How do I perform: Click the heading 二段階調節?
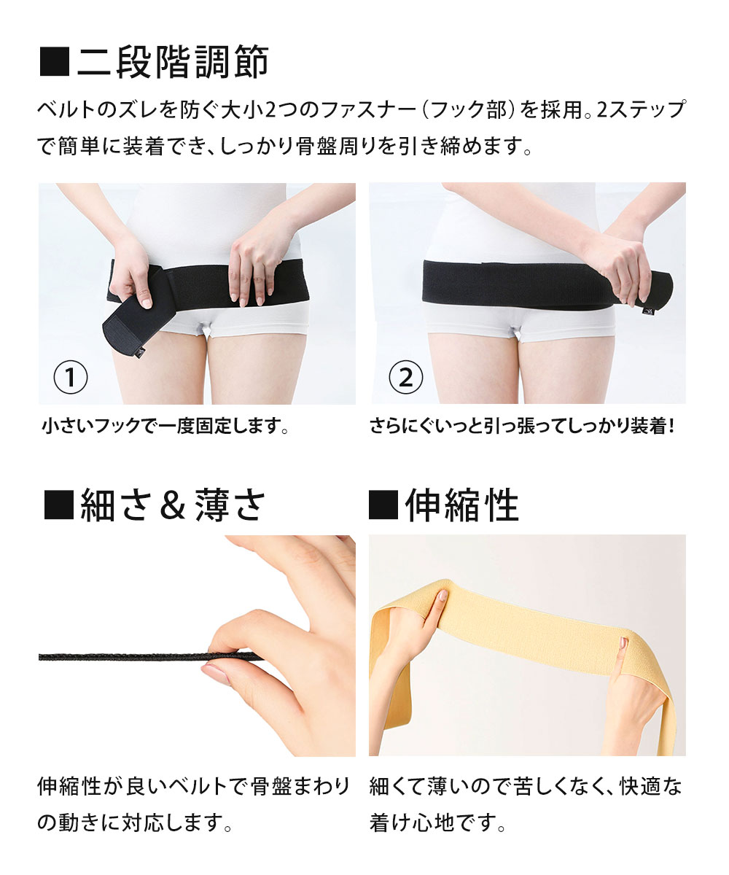pos(173,63)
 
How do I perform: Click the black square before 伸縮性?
pos(383,506)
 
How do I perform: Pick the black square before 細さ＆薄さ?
pos(59,506)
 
